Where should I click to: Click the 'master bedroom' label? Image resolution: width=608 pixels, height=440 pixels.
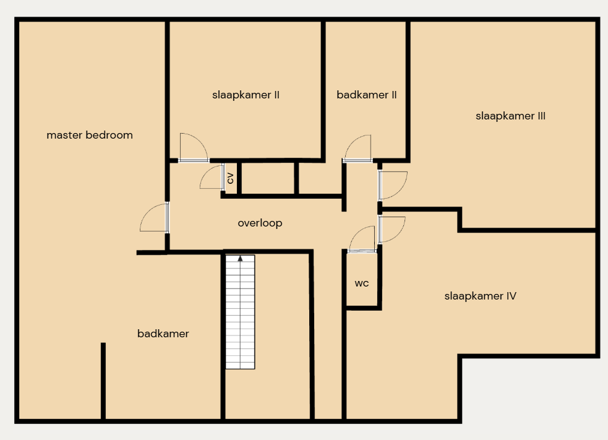(x=90, y=135)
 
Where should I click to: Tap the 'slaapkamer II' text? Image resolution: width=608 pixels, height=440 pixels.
(x=246, y=95)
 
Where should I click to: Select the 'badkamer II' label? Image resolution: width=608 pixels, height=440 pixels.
(x=366, y=95)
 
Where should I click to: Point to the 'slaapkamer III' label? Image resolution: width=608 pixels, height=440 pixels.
(x=510, y=116)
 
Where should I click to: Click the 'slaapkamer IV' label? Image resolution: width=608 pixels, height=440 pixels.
(x=480, y=296)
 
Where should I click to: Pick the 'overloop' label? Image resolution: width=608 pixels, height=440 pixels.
(x=260, y=223)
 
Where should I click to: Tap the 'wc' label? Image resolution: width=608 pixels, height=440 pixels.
(x=361, y=283)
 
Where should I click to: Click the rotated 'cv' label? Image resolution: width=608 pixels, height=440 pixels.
(x=230, y=178)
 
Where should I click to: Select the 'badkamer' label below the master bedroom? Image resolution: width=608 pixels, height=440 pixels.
(x=163, y=334)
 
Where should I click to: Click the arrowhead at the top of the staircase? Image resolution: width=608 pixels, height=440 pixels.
(x=240, y=258)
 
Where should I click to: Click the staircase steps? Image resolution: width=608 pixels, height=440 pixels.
(x=240, y=312)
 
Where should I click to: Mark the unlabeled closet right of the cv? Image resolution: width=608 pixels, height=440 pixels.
(x=268, y=178)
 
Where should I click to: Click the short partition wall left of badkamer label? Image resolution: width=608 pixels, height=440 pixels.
(x=103, y=381)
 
